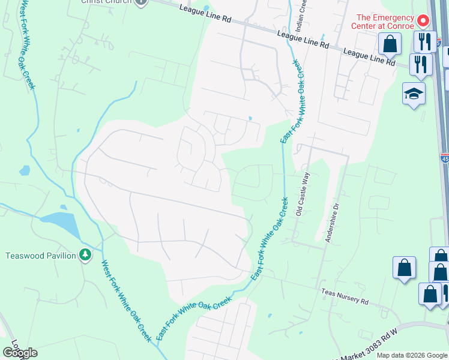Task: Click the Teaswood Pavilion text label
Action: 41,256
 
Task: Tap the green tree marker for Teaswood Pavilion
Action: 86,255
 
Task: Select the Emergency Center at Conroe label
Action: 385,22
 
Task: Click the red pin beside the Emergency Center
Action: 423,21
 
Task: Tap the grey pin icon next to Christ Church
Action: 141,2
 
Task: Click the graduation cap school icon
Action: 414,94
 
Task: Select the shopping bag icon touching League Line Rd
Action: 390,44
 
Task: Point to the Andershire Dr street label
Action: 332,222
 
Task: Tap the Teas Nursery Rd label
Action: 345,296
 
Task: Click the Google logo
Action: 20,352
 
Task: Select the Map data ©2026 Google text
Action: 411,355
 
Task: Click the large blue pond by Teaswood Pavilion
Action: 63,223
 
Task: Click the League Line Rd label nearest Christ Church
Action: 205,13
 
